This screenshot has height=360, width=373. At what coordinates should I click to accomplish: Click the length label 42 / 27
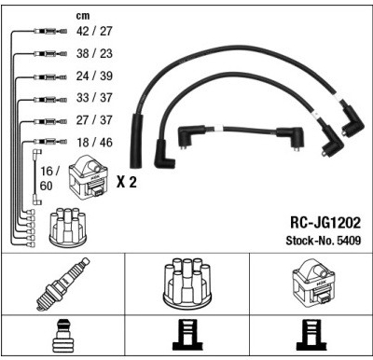[94, 31]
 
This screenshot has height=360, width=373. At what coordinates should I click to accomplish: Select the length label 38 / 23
[94, 53]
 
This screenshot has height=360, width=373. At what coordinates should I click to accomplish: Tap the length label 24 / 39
[94, 76]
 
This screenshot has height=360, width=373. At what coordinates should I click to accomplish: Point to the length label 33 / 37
[94, 98]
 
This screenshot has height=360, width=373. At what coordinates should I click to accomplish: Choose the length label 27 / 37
[94, 120]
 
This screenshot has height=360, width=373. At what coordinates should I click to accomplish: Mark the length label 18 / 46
[94, 143]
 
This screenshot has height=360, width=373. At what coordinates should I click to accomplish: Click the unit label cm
[83, 16]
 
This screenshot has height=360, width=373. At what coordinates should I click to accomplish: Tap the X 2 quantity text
[127, 182]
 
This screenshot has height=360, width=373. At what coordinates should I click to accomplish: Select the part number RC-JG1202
[325, 223]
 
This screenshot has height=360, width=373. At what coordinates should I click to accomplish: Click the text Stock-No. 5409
[324, 241]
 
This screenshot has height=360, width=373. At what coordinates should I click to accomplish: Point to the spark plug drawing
[62, 284]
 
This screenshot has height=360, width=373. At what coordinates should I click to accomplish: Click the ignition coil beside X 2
[89, 179]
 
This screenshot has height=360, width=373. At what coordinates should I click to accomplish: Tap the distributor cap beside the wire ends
[68, 226]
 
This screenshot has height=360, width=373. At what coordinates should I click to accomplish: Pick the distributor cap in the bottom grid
[187, 283]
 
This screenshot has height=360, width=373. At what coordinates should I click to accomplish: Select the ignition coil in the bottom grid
[315, 284]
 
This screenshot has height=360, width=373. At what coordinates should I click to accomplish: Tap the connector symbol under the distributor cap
[187, 336]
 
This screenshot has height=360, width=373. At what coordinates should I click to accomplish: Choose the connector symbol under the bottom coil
[311, 336]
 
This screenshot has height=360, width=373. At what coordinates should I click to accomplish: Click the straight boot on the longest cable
[136, 142]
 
